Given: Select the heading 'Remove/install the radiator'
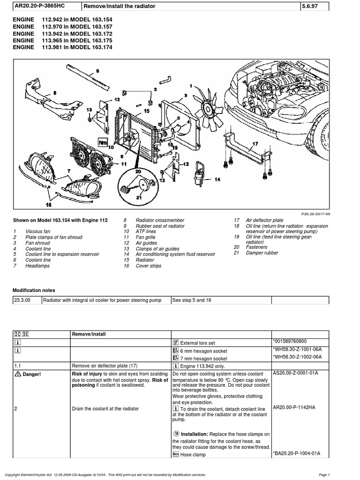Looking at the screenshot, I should point(119,6).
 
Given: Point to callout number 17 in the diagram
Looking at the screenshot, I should point(255,143).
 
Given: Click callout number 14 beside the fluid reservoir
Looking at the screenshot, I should point(217,180).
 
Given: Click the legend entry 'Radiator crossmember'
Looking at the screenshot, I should point(160,220).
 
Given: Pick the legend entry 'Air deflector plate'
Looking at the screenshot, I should point(264,220).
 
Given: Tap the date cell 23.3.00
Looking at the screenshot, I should point(22,300).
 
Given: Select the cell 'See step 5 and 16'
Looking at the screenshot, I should point(192,300).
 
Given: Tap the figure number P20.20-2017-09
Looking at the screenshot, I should point(317,213).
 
